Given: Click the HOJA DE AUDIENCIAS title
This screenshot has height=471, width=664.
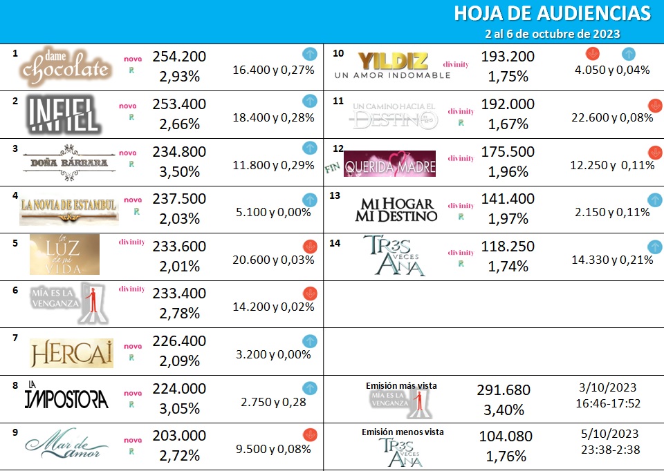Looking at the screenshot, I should [552, 14].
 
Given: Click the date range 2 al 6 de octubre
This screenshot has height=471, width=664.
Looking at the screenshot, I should [552, 34].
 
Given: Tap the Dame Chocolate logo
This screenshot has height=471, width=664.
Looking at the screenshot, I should [66, 67].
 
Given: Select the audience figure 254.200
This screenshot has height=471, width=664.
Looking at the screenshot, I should [179, 57].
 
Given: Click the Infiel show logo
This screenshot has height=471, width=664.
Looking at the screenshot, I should [64, 115].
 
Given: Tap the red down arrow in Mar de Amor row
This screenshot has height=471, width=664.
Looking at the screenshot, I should [310, 434].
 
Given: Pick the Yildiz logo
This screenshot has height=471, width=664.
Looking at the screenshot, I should [393, 65].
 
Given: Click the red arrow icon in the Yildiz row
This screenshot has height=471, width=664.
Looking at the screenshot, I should [592, 54].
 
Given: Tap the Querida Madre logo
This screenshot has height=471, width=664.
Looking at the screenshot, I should [389, 164].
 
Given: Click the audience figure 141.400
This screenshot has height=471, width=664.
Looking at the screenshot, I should [508, 199].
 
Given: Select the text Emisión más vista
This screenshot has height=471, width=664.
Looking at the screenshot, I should [401, 385].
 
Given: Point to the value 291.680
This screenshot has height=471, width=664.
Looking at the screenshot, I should [504, 390].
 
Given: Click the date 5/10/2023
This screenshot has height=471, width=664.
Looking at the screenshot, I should [611, 434].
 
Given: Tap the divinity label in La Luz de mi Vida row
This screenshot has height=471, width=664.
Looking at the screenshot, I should [131, 242].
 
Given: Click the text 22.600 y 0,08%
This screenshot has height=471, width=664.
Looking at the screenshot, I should [612, 117].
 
